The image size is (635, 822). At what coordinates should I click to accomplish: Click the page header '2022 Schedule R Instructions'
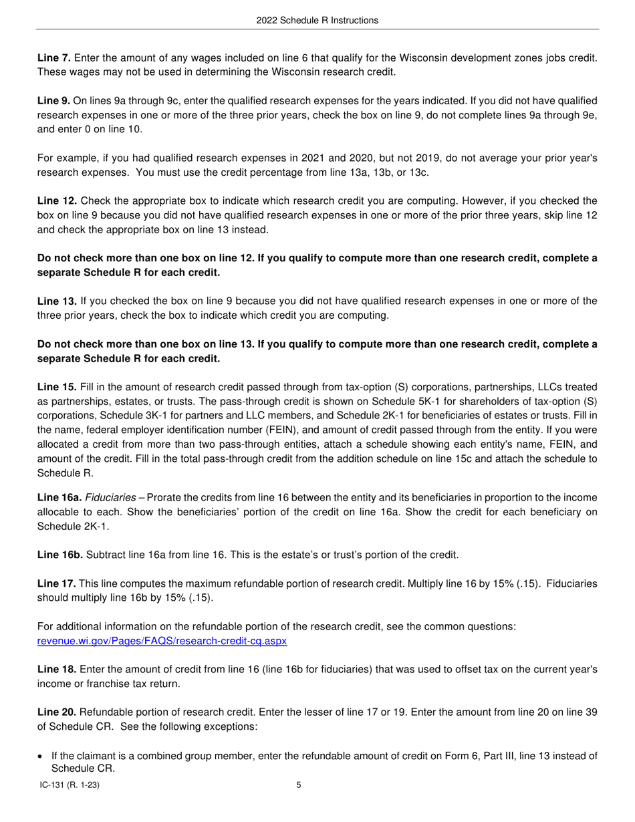[317, 21]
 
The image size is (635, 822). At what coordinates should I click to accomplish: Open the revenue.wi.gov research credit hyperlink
[162, 641]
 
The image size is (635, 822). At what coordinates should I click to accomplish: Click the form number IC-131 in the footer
[70, 785]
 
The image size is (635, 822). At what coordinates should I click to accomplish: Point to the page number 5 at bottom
[299, 785]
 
